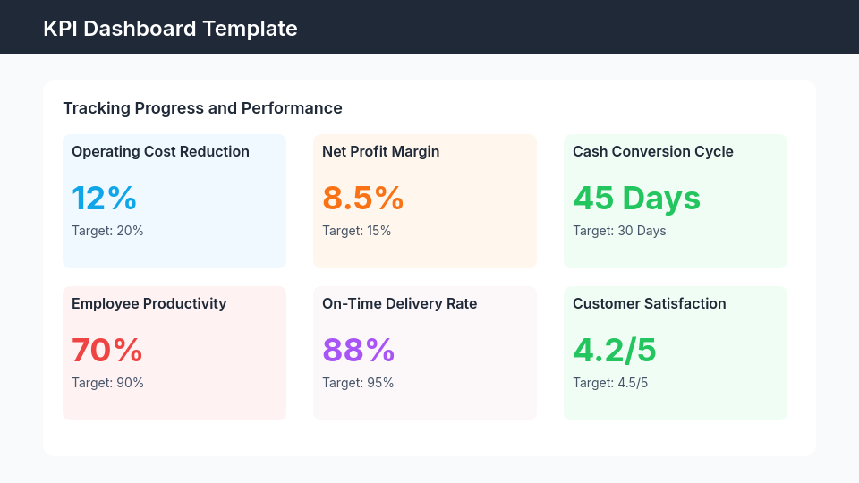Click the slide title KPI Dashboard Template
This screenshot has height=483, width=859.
coord(170,29)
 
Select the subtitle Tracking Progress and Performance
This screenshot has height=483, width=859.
coord(202,108)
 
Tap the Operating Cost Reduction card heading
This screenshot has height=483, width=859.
coord(160,152)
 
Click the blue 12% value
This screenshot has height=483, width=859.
coord(104,198)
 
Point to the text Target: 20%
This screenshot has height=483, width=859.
coord(107,231)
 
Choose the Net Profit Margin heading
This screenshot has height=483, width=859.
coord(380,152)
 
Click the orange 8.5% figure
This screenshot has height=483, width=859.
coord(362,198)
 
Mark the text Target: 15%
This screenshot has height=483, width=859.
coord(356,231)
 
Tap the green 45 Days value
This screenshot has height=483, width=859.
coord(636,198)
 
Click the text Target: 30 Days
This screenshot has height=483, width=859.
coord(619,231)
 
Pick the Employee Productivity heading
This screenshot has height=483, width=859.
coord(149,304)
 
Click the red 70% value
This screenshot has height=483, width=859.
coord(106,350)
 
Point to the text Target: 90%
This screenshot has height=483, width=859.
coord(107,383)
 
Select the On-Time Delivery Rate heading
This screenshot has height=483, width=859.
coord(399,304)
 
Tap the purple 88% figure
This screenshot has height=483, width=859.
coord(358,350)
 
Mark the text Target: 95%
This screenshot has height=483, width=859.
coord(358,383)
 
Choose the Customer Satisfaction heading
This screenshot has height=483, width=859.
coord(649,304)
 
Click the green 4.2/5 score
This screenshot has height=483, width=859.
coord(614,350)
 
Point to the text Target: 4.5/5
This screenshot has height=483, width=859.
coord(609,383)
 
